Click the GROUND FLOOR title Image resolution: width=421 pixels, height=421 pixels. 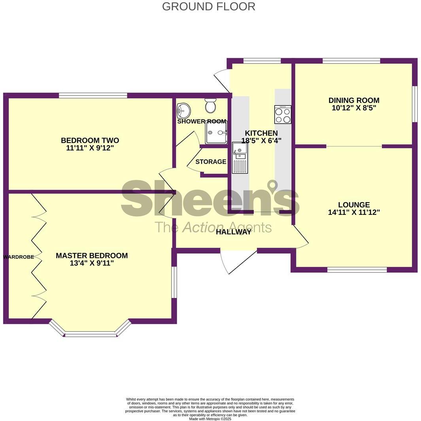(x=208, y=7)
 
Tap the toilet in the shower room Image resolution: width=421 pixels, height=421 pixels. (x=210, y=105)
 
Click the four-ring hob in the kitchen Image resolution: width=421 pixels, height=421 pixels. (x=283, y=114)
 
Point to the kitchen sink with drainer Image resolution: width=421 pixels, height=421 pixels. (x=240, y=157)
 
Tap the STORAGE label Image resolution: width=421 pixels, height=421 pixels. (x=211, y=162)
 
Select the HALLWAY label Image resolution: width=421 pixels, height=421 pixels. (x=233, y=232)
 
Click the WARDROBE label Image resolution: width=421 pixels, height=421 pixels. (x=19, y=257)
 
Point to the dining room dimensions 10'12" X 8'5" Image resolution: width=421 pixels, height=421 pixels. (x=354, y=108)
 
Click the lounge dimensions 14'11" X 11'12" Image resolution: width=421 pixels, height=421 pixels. (x=354, y=212)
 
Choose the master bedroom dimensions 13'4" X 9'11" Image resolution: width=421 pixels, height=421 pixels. (x=91, y=263)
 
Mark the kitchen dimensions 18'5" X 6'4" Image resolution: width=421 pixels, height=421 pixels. (x=261, y=140)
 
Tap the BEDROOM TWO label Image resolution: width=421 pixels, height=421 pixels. (x=90, y=140)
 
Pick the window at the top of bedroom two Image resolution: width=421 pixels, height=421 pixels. (x=93, y=95)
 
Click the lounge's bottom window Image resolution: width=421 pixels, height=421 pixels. (x=357, y=270)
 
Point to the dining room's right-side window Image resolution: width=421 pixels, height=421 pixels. (x=414, y=104)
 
